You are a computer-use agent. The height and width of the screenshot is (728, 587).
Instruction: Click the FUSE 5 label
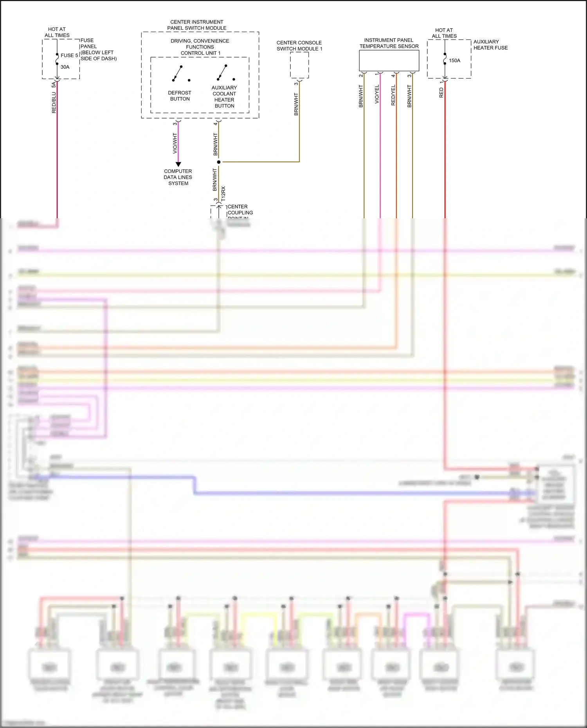(69, 56)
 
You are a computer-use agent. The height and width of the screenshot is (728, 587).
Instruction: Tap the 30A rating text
(65, 67)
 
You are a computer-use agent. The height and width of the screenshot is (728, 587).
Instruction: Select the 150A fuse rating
(454, 61)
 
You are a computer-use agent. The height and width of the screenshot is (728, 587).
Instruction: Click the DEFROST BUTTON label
(180, 96)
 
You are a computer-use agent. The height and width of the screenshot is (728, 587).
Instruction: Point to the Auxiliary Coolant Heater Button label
(224, 97)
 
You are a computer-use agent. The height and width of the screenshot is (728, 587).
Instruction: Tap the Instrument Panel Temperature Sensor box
(389, 61)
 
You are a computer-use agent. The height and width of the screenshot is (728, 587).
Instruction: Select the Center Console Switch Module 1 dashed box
(299, 65)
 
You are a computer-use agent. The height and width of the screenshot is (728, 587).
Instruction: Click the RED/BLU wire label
(54, 103)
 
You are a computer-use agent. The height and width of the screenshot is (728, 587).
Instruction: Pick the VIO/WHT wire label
(175, 143)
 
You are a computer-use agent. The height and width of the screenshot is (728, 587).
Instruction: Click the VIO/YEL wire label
(377, 94)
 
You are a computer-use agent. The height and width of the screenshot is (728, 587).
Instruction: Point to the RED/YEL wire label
(393, 95)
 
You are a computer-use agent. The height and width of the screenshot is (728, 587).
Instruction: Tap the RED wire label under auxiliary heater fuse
(441, 93)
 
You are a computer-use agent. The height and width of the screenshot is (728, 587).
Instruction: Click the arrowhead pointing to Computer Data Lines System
(178, 164)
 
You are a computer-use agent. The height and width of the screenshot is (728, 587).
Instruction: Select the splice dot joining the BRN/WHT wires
(219, 162)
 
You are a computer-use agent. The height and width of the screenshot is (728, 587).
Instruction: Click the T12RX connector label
(223, 194)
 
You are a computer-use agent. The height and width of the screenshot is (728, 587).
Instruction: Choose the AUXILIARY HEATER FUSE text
(490, 45)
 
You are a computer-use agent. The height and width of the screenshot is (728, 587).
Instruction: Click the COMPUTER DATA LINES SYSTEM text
(178, 177)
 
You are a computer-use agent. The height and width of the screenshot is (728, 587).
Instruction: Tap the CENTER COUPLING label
(240, 210)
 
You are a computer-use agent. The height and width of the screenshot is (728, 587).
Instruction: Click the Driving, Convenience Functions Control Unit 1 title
(200, 47)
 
